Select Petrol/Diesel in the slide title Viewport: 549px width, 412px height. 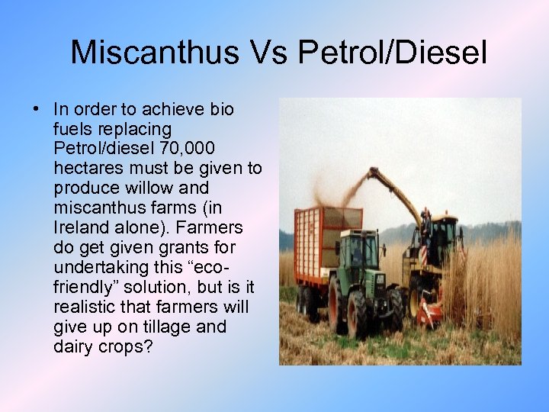coord(392,52)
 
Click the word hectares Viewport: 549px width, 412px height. coord(86,168)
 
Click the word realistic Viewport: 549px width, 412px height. coord(82,307)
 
